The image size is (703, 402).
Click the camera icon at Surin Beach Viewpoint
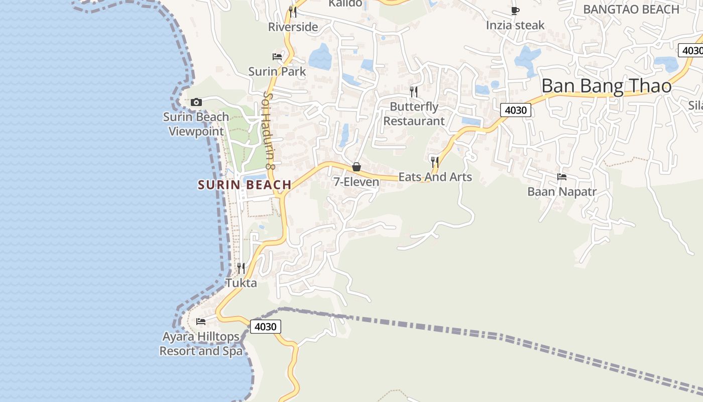196,103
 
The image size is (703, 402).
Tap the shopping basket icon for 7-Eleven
357,167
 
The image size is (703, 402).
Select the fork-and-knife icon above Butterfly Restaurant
414,91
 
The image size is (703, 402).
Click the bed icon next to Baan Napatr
562,177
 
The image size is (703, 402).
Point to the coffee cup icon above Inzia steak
515,11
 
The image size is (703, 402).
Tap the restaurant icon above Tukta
241,268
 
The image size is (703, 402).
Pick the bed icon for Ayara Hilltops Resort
201,322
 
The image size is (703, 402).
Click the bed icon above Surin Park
277,57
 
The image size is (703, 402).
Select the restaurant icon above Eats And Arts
435,162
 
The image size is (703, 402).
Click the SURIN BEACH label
245,185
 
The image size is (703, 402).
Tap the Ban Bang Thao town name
606,86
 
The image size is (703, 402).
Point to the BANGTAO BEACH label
631,10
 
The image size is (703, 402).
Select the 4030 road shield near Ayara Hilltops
265,327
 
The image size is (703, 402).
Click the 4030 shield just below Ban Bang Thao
515,110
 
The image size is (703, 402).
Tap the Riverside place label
293,27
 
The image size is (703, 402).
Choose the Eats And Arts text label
435,177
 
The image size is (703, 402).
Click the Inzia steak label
515,25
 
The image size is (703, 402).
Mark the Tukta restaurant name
241,283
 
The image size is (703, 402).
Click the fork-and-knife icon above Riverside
293,12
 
